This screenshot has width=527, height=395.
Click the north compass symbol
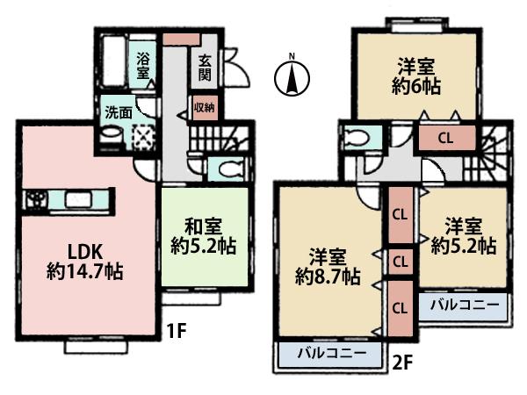pyautogui.click(x=292, y=77)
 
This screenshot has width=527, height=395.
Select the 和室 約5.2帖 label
pyautogui.click(x=201, y=231)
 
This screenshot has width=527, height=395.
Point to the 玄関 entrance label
pyautogui.click(x=204, y=68)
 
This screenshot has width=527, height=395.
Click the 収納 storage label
pyautogui.click(x=204, y=111)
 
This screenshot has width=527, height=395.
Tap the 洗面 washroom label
pyautogui.click(x=119, y=112)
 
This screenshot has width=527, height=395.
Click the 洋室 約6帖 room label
pyautogui.click(x=411, y=75)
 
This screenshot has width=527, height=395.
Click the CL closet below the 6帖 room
pyautogui.click(x=445, y=138)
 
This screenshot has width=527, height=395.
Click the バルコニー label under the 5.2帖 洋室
pyautogui.click(x=465, y=306)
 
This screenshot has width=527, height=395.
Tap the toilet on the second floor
pyautogui.click(x=359, y=139)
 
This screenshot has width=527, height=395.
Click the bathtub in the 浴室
pyautogui.click(x=113, y=59)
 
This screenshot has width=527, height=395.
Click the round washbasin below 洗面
pyautogui.click(x=112, y=135)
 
